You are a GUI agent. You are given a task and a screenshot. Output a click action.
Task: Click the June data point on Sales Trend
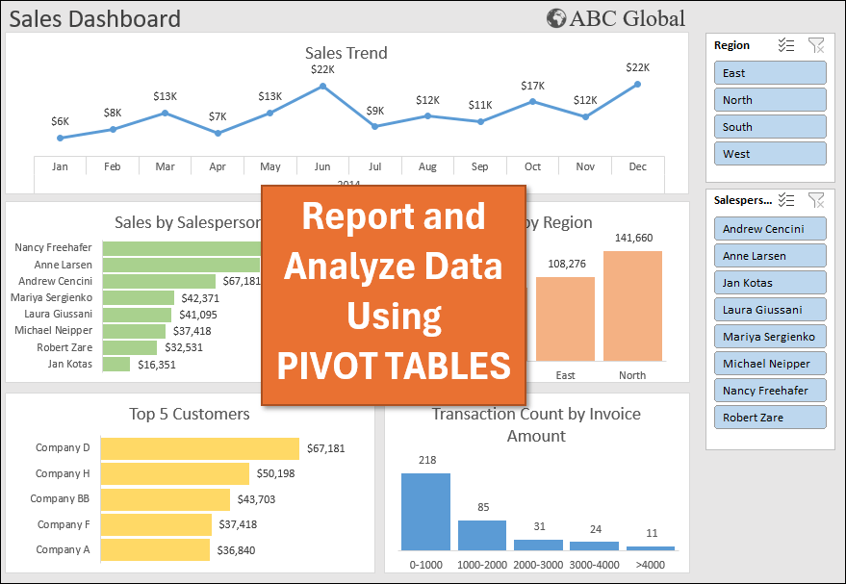322,86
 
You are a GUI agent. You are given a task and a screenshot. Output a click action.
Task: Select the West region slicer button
770,154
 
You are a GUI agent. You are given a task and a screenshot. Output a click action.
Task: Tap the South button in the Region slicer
770,127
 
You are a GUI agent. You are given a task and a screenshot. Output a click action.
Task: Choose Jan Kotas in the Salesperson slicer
770,283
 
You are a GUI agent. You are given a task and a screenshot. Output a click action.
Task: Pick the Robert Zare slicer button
770,418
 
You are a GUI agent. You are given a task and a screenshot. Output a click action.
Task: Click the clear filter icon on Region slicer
816,45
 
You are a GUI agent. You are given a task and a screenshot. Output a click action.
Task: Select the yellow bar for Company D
199,448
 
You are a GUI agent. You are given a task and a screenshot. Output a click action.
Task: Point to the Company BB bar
165,499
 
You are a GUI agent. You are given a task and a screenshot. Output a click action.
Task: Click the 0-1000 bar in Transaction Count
425,511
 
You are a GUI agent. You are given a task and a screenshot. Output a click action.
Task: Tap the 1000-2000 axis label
481,564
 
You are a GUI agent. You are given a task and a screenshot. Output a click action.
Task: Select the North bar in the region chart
632,305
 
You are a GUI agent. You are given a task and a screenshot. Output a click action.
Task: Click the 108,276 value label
567,264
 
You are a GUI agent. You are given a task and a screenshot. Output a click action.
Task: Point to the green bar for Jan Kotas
115,365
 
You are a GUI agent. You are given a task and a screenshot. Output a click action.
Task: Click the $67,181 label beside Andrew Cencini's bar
242,281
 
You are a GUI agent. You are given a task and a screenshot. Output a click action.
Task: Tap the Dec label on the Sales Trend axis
637,166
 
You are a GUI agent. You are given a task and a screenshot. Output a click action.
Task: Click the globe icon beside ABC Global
555,18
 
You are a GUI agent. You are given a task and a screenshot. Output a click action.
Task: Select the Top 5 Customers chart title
190,414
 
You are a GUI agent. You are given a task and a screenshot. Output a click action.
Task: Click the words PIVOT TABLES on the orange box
394,366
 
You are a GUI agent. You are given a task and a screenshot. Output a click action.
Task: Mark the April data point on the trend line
218,133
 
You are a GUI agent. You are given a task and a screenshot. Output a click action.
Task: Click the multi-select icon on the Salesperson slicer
786,200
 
